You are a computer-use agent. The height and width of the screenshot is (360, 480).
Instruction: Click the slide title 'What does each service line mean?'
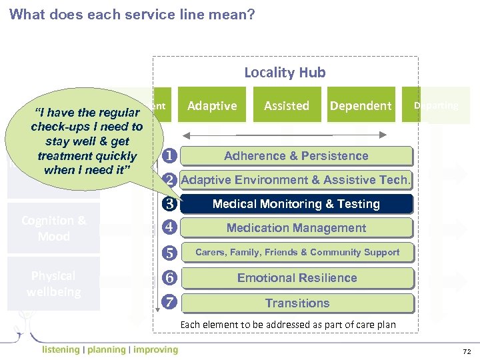click(132, 14)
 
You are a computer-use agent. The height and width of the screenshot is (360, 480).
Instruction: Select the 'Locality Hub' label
click(285, 72)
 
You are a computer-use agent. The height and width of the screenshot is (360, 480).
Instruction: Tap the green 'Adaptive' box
click(212, 105)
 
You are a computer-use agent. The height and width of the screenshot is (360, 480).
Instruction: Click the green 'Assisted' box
click(287, 105)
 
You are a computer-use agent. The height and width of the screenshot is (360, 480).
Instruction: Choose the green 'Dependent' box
click(361, 105)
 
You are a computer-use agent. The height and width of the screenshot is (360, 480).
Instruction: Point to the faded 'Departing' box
click(435, 105)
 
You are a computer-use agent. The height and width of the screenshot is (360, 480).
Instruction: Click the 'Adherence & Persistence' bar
click(296, 156)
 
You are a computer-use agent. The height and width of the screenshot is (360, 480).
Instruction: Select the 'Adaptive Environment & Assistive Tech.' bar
click(296, 180)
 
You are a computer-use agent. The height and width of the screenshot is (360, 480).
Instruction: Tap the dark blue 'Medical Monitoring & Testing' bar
click(296, 204)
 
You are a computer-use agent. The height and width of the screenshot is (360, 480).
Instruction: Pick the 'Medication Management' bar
click(296, 228)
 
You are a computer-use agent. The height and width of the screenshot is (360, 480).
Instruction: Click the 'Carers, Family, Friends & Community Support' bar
click(296, 252)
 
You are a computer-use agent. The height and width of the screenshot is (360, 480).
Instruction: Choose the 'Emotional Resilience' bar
click(296, 278)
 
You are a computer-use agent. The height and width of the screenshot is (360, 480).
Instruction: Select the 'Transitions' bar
click(296, 303)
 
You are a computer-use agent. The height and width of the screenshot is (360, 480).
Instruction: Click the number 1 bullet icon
click(169, 156)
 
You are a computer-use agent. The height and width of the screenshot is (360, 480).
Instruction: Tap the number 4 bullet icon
click(169, 228)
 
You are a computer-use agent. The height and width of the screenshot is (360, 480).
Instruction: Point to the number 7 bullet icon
click(169, 303)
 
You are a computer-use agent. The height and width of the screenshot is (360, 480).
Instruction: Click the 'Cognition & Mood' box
click(53, 229)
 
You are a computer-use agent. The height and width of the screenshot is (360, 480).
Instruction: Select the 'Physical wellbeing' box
click(53, 284)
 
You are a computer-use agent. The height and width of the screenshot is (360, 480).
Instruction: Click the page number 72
click(466, 351)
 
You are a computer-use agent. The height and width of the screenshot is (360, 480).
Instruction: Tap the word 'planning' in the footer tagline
click(106, 349)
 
